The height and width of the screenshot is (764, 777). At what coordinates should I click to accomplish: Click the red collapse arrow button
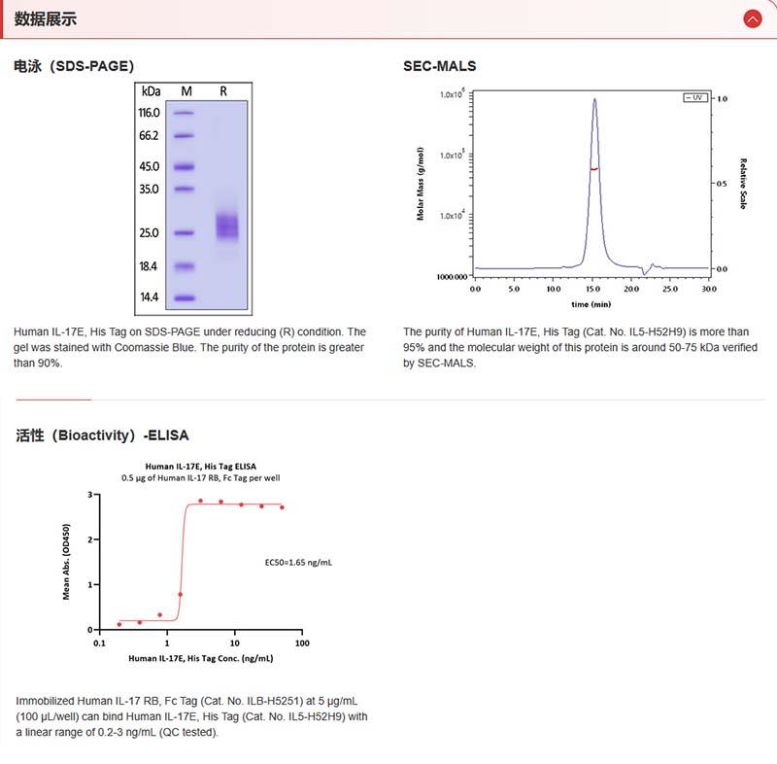pyautogui.click(x=752, y=18)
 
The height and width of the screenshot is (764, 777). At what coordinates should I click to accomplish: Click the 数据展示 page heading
pyautogui.click(x=46, y=18)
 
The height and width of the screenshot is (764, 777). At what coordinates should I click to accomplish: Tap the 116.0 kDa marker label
pyautogui.click(x=149, y=113)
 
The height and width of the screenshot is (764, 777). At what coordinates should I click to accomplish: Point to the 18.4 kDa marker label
pyautogui.click(x=149, y=266)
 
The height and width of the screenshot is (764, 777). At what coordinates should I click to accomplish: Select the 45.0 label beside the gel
pyautogui.click(x=149, y=166)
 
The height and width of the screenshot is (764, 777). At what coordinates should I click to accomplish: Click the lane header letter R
pyautogui.click(x=223, y=90)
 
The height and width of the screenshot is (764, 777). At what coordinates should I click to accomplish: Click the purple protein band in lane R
pyautogui.click(x=226, y=226)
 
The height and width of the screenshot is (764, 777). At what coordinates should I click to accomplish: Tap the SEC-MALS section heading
pyautogui.click(x=439, y=66)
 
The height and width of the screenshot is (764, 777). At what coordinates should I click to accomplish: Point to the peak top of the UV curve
pyautogui.click(x=594, y=97)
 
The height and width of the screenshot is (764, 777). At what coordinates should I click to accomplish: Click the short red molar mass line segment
pyautogui.click(x=594, y=168)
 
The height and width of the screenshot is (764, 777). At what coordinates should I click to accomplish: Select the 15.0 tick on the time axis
pyautogui.click(x=592, y=289)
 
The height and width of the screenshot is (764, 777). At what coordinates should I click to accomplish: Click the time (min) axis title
pyautogui.click(x=591, y=303)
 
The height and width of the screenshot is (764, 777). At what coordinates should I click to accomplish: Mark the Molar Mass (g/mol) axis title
pyautogui.click(x=421, y=184)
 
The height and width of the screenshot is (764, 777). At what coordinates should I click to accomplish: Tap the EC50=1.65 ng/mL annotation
pyautogui.click(x=299, y=562)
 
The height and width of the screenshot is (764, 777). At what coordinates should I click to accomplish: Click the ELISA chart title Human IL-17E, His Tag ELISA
pyautogui.click(x=202, y=468)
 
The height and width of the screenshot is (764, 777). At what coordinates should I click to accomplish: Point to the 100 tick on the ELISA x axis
pyautogui.click(x=301, y=643)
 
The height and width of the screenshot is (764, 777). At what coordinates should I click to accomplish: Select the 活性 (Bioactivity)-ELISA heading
pyautogui.click(x=102, y=434)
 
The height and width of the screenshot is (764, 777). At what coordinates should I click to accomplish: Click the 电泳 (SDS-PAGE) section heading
pyautogui.click(x=74, y=66)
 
